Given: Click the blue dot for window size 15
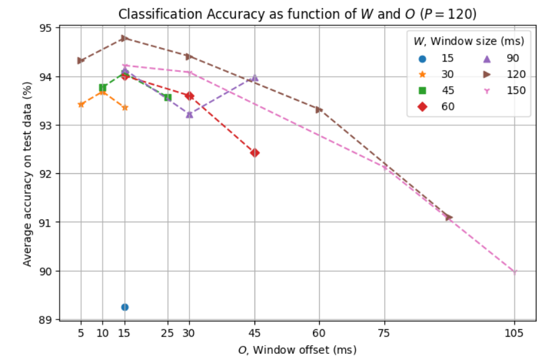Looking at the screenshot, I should pos(125,307).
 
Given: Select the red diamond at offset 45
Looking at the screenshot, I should pos(255,152).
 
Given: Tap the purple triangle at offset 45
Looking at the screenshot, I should pos(255,78).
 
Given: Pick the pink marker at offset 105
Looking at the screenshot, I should pos(515,272).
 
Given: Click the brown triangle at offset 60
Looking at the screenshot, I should pos(319,109).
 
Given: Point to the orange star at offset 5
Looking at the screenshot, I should pos(81,104).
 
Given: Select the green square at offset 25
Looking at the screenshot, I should pos(168,98).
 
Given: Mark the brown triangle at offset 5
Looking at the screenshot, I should pos(81,60).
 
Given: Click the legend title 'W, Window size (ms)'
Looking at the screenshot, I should pos(468,42).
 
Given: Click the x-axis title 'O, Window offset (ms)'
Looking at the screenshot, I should pos(297,350).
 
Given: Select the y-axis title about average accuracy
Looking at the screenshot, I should pos(27,174).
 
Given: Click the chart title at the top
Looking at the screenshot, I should pos(297,14).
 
